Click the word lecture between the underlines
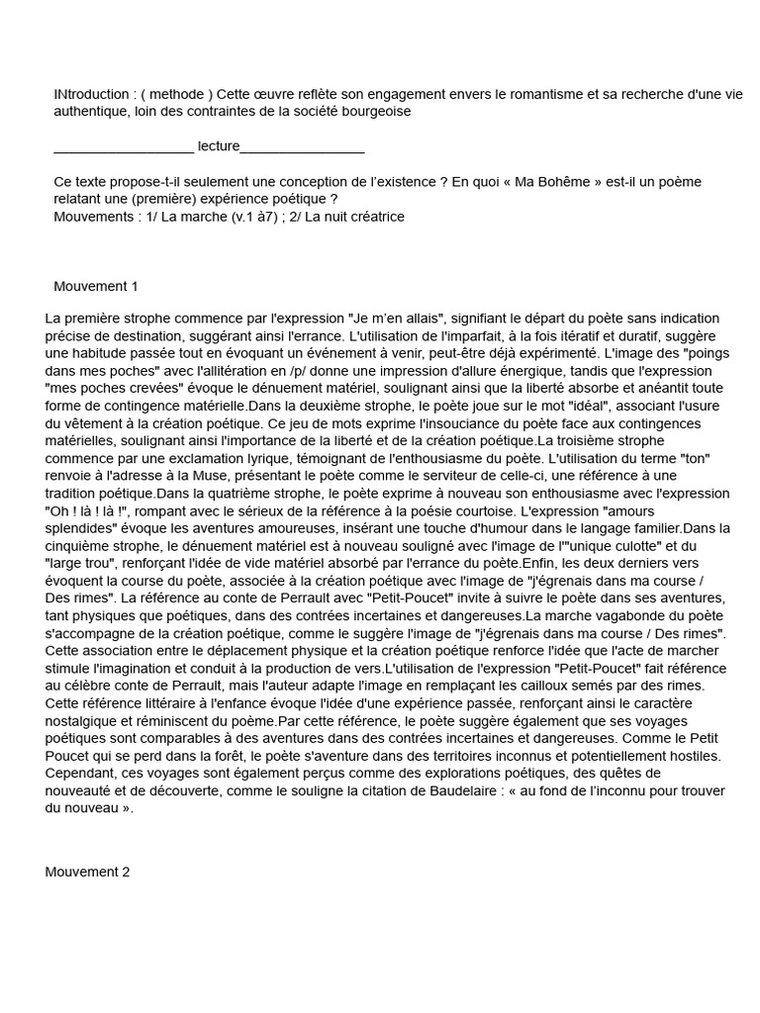pos(219,146)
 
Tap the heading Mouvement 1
pos(96,287)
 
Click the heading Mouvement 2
pos(87,872)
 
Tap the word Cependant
pos(84,773)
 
